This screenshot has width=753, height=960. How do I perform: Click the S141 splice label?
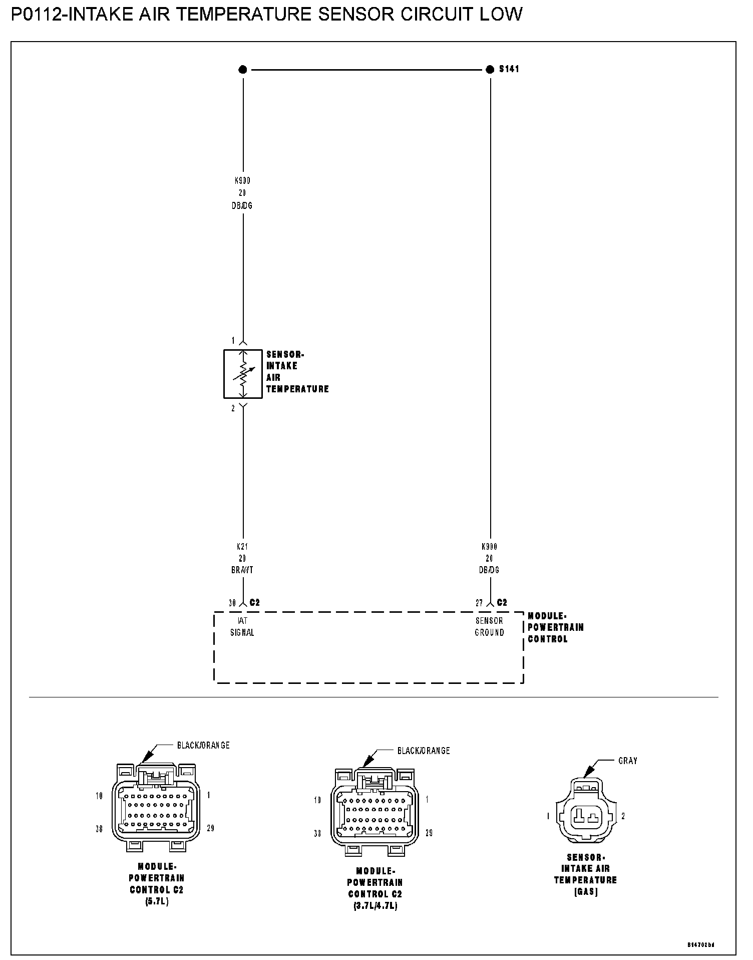509,69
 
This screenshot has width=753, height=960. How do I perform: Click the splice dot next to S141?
490,70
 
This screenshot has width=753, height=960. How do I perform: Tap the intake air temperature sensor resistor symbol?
243,374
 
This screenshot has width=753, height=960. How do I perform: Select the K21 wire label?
242,547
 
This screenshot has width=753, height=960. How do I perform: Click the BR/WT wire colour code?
242,570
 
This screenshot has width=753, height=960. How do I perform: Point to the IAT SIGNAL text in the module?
242,626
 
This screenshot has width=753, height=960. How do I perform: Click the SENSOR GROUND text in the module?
489,626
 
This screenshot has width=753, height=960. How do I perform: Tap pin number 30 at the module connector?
232,603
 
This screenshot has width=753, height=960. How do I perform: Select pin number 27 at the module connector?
479,603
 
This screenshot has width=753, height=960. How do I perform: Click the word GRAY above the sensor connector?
628,761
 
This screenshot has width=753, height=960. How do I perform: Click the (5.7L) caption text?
156,901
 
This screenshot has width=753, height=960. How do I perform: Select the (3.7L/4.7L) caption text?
374,905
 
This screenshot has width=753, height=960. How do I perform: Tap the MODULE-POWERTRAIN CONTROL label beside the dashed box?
555,627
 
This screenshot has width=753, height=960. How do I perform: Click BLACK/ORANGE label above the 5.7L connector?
203,745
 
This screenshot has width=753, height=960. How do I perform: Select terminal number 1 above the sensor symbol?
233,341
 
